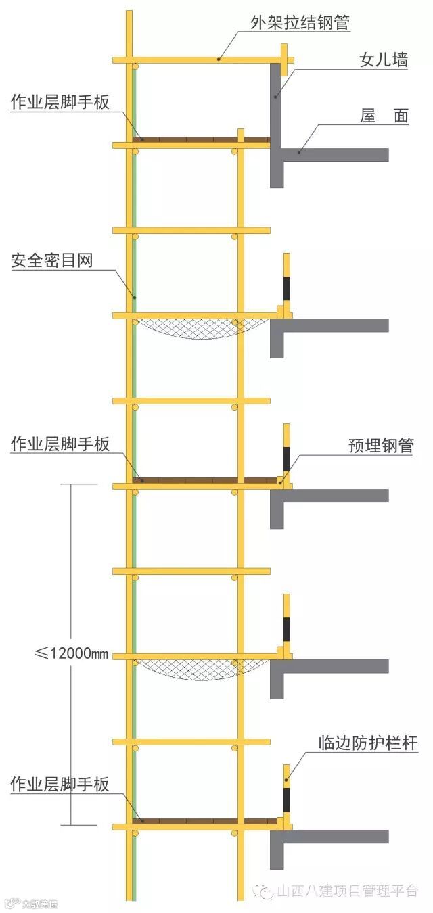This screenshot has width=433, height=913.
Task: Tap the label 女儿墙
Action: [x=383, y=60]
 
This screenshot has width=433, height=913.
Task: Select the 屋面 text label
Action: [x=384, y=116]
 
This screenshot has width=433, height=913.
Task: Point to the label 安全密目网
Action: [x=51, y=262]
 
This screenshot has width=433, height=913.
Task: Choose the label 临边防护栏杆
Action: [x=368, y=744]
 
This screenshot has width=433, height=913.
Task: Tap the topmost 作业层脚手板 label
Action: [x=60, y=102]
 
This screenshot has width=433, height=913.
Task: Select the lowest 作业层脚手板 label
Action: [x=60, y=785]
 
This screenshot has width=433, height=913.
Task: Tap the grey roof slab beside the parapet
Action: [x=338, y=154]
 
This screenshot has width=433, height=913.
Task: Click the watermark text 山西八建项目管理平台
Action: [x=348, y=891]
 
